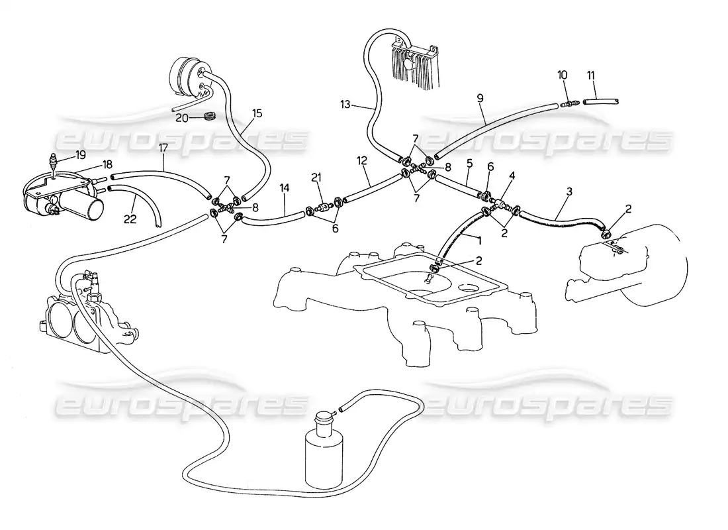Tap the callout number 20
[x=182, y=118]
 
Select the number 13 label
[x=345, y=105]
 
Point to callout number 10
[x=563, y=75]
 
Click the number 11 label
[x=590, y=75]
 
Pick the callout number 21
[x=316, y=177]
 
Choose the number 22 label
[x=130, y=219]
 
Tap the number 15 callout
[x=257, y=113]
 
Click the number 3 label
[x=569, y=191]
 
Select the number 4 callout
[x=512, y=176]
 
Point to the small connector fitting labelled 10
[x=569, y=103]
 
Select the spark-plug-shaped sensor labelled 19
[x=54, y=162]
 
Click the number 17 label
[x=163, y=149]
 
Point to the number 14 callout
[x=284, y=188]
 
